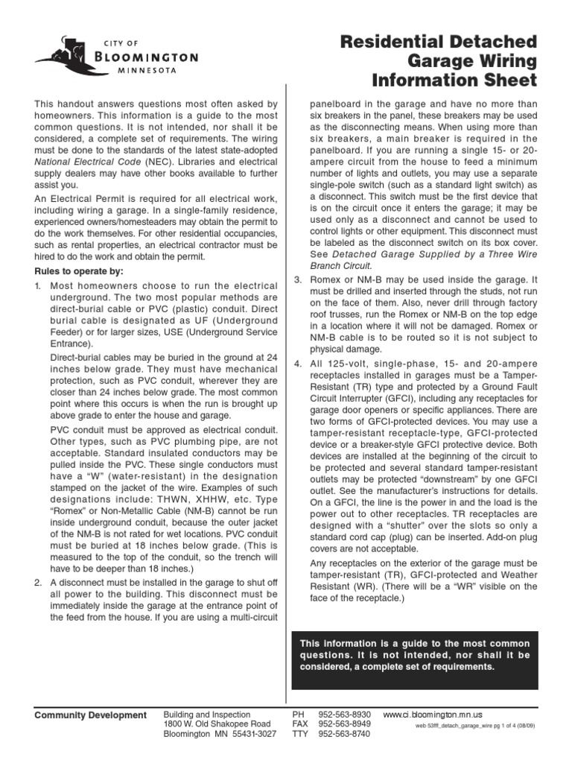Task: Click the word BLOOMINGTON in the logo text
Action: click(146, 57)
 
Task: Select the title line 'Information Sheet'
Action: click(455, 80)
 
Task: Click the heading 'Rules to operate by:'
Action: click(79, 270)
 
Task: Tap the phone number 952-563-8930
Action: click(344, 714)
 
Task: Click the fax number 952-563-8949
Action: click(344, 724)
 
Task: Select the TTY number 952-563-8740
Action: click(344, 734)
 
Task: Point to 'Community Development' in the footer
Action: click(91, 715)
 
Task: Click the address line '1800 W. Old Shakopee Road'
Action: click(217, 724)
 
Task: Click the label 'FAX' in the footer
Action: click(300, 724)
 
